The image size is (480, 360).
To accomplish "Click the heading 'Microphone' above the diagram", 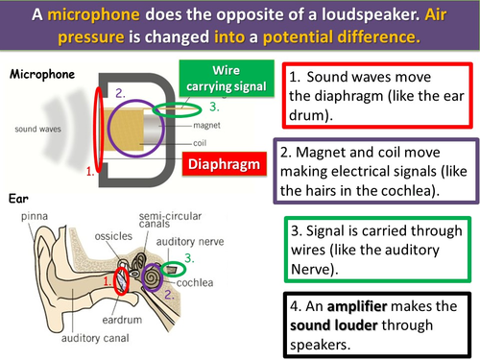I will [x=41, y=73].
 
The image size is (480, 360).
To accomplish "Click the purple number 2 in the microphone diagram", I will [x=120, y=94].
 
